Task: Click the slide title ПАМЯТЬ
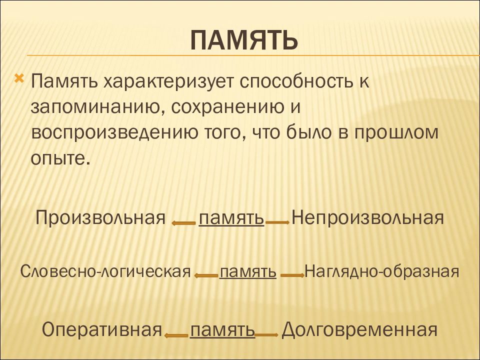pyautogui.click(x=244, y=40)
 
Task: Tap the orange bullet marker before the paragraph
pyautogui.click(x=18, y=79)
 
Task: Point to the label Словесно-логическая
pyautogui.click(x=105, y=271)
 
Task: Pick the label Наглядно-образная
pyautogui.click(x=381, y=271)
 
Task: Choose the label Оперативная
pyautogui.click(x=101, y=330)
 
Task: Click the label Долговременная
pyautogui.click(x=359, y=330)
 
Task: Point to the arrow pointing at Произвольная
pyautogui.click(x=183, y=223)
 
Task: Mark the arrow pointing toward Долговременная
pyautogui.click(x=266, y=335)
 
